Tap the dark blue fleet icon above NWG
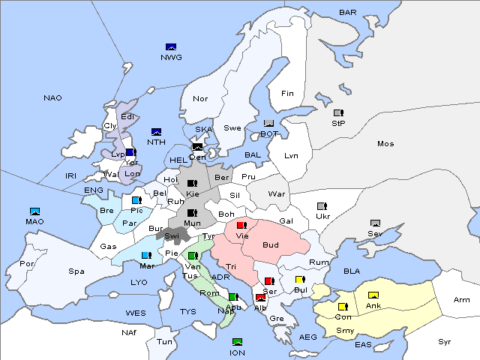click(x=170, y=47)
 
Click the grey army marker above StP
click(x=338, y=113)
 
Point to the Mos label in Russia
click(x=385, y=143)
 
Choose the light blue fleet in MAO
click(x=34, y=211)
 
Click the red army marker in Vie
click(x=241, y=225)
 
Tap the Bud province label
click(x=271, y=245)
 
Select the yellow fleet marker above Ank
click(x=373, y=295)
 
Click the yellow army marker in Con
click(x=343, y=307)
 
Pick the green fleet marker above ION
click(x=238, y=342)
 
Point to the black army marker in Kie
click(x=192, y=183)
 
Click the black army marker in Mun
click(x=192, y=213)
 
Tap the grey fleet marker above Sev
click(x=375, y=223)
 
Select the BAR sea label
click(x=348, y=12)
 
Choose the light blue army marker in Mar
click(x=145, y=255)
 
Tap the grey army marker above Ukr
click(x=322, y=206)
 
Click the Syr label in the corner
click(x=445, y=340)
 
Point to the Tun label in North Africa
click(x=164, y=341)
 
